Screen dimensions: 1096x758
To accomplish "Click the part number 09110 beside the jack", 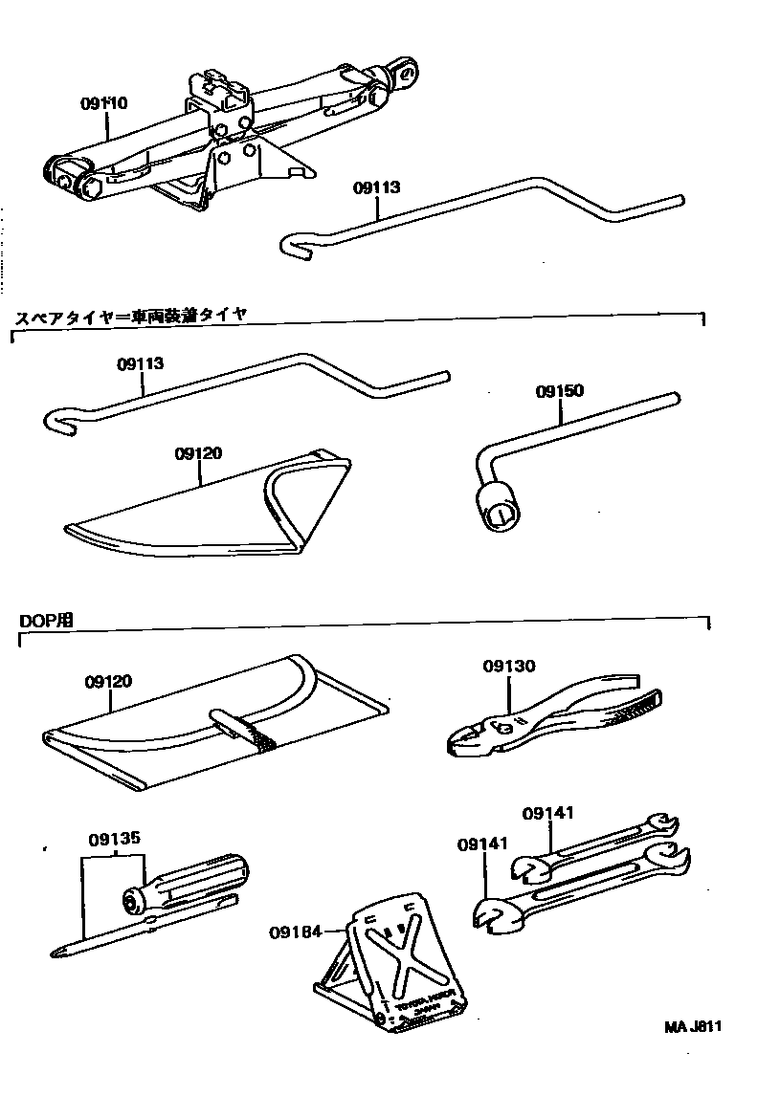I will coord(105,102).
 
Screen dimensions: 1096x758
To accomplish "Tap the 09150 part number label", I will coord(559,391).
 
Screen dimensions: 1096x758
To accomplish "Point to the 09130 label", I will coord(508,667).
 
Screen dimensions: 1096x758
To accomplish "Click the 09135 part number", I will coord(115,839).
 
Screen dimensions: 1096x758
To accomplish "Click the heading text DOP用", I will coord(46,620).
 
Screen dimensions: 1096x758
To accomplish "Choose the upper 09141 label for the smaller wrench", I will coord(547,814).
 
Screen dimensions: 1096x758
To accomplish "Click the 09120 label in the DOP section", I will coord(107,682).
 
